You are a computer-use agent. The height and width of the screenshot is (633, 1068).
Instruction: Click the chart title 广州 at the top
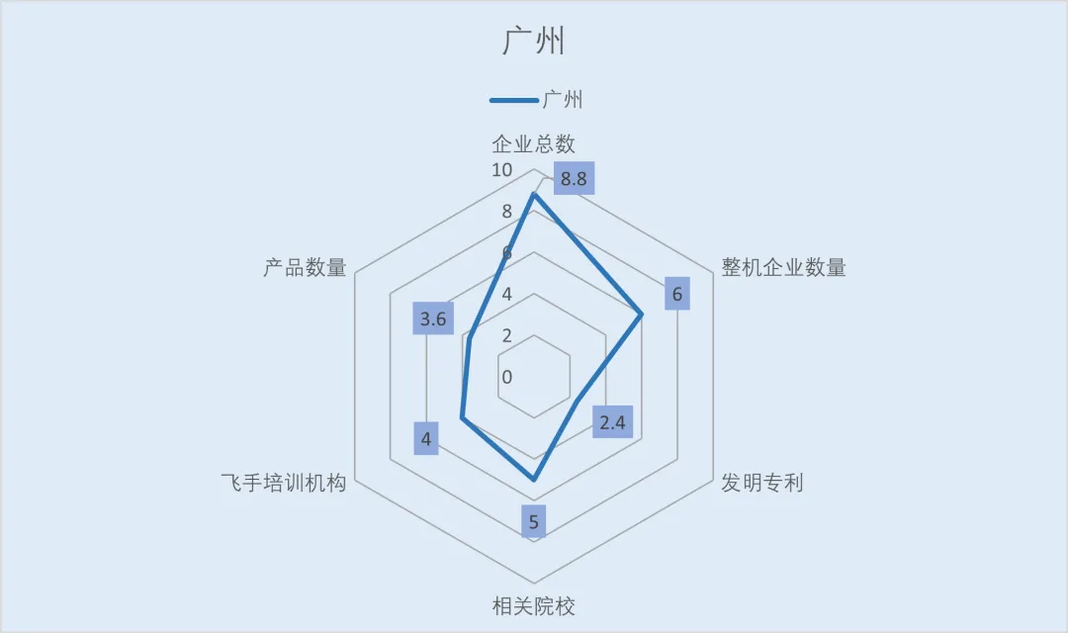[534, 41]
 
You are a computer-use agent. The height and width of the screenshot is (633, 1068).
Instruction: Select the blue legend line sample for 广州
[514, 100]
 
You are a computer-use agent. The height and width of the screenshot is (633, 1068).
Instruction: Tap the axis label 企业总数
[534, 143]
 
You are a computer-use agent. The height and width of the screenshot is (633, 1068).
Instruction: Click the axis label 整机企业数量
[784, 267]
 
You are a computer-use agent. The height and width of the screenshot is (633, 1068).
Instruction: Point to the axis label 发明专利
[762, 483]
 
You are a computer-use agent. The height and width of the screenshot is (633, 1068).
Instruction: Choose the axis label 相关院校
[534, 605]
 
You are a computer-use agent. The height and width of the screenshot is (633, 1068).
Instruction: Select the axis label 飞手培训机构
[284, 483]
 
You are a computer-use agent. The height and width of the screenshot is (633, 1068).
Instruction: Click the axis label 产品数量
[306, 267]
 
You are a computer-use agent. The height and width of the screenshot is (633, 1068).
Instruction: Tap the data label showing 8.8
[574, 178]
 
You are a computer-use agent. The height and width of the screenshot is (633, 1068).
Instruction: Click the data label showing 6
[677, 294]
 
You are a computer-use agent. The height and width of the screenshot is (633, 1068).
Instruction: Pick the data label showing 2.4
[612, 421]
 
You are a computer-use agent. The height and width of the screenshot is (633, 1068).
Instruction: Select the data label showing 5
[534, 522]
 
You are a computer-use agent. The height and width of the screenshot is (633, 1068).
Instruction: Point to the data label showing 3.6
[433, 318]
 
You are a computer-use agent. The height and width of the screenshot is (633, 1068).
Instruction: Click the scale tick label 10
[502, 170]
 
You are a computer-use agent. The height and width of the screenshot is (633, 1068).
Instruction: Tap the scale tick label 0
[506, 377]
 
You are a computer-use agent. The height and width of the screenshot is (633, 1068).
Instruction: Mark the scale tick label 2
[506, 335]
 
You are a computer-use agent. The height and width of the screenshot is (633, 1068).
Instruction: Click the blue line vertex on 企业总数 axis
[534, 194]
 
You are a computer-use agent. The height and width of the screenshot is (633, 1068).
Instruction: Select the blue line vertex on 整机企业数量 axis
[642, 315]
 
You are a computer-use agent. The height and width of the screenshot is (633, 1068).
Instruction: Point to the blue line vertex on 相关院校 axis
[534, 480]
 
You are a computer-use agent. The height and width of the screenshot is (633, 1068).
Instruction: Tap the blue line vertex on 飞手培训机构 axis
[463, 417]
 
